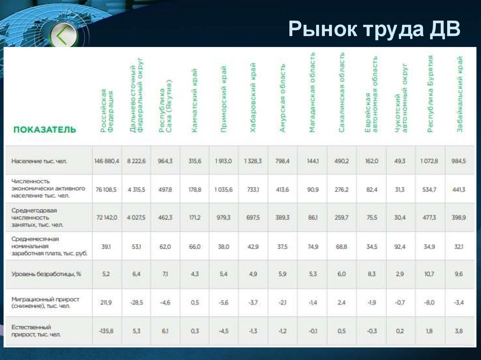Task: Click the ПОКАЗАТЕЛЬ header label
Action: tap(44, 129)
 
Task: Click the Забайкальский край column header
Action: tap(460, 93)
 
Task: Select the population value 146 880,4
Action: tap(107, 161)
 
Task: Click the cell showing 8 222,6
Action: tap(136, 161)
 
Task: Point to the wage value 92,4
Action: tap(400, 246)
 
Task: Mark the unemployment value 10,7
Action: tap(429, 274)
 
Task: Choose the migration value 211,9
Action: tap(107, 302)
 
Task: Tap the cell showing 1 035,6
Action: tap(224, 189)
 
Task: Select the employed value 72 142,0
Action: tap(107, 218)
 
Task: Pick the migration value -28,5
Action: tap(136, 302)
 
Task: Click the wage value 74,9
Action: tap(312, 246)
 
